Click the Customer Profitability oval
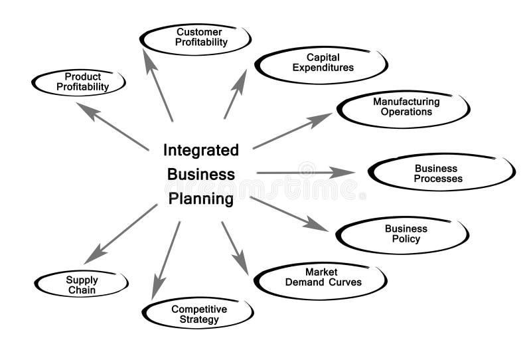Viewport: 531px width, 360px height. pos(196,39)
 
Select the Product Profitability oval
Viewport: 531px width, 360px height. pos(79,82)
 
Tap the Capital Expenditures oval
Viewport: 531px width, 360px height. pos(321,64)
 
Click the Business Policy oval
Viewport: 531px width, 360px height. pos(404,234)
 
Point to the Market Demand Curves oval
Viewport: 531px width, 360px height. pos(321,278)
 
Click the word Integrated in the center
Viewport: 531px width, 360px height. pos(201,151)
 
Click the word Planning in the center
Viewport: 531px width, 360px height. pos(200,199)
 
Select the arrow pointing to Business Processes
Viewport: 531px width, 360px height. pos(305,173)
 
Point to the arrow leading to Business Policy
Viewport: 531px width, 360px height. pos(289,214)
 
